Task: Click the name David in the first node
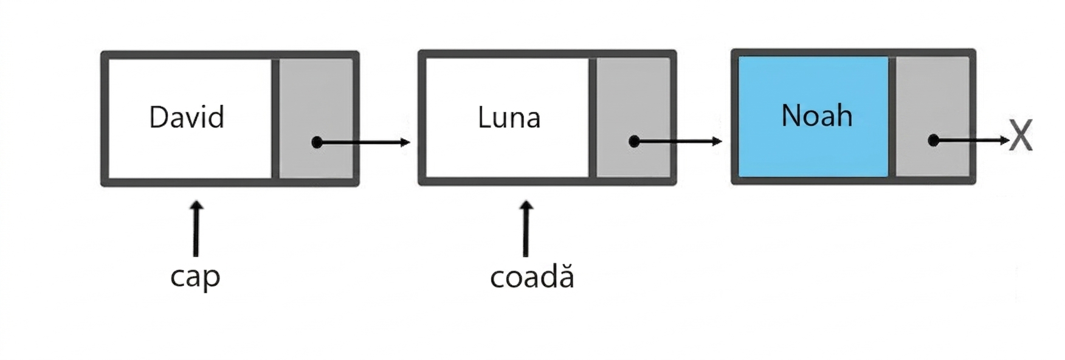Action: [x=187, y=117]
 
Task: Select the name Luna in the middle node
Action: [x=509, y=117]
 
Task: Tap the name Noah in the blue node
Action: [x=816, y=115]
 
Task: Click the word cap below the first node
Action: [x=195, y=277]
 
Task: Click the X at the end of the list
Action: [x=1021, y=136]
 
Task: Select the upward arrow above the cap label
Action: [x=196, y=229]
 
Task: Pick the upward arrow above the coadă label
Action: [x=526, y=229]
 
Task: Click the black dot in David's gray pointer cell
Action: [x=317, y=142]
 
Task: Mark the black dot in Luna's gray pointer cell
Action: [x=634, y=142]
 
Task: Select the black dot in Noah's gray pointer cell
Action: [x=934, y=140]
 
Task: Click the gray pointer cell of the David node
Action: [x=316, y=119]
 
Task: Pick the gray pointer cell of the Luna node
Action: [x=633, y=117]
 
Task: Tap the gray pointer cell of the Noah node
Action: [x=932, y=116]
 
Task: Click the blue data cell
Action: [x=813, y=116]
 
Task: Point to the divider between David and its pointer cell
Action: [x=275, y=119]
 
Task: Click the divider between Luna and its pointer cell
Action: [x=593, y=117]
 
